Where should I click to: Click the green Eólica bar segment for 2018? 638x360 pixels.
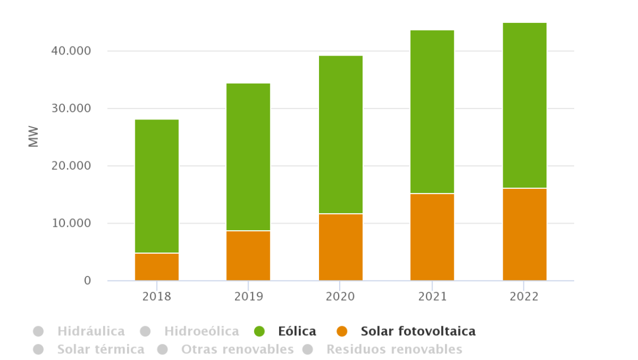pos(157,186)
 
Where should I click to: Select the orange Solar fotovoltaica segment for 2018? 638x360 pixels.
pos(157,267)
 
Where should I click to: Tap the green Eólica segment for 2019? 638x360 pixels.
pos(248,157)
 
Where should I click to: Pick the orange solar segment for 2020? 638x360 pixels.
pos(340,247)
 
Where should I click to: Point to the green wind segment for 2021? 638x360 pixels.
pos(432,112)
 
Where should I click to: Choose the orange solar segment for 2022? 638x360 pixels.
pos(524,235)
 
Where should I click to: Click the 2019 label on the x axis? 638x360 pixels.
pos(248,297)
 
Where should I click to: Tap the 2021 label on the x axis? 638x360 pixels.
pos(432,297)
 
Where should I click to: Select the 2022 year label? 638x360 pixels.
pos(524,297)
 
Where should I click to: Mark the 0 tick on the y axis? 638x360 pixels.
pos(87,281)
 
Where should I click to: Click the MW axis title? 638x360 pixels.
pos(34,137)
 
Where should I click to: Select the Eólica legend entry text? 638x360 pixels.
pos(297,331)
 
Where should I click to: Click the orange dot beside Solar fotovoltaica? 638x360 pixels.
pos(342,331)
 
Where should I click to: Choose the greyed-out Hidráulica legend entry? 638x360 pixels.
pos(91,331)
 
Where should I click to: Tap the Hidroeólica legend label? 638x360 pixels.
pos(201,331)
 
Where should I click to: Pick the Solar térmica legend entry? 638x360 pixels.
pos(100,349)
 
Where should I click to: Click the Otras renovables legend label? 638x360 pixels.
pos(237,349)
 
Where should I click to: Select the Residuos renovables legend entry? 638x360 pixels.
pos(394,349)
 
